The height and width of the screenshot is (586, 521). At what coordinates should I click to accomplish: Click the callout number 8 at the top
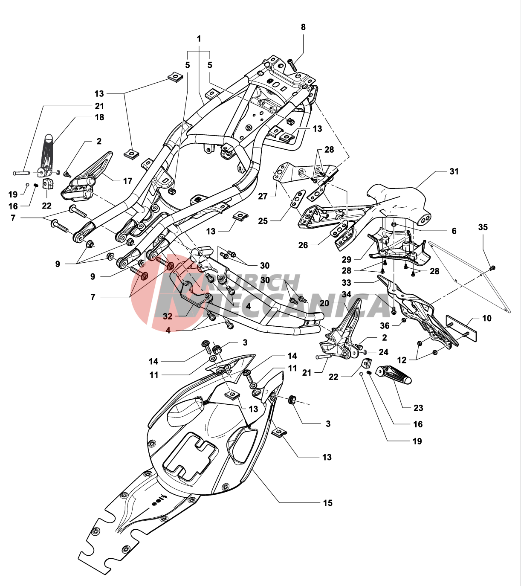coord(303,27)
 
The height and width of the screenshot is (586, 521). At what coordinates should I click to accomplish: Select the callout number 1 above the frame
coord(199,39)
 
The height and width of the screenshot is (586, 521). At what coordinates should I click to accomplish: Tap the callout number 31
coord(454,171)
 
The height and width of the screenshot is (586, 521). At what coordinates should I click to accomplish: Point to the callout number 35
coord(483,227)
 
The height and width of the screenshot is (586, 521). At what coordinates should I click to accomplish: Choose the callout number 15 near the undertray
coord(327,503)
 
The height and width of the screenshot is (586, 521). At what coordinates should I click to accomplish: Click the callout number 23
coord(418,408)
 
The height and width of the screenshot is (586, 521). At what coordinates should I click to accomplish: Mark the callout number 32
coord(168,316)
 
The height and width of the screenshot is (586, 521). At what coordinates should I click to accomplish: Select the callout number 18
coord(99,117)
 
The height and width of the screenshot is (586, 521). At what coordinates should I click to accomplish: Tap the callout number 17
coord(127,181)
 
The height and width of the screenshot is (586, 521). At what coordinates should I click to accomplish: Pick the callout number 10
coord(486,319)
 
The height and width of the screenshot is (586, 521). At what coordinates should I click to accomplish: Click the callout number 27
coord(263,196)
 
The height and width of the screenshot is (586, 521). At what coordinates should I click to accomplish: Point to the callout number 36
coord(385,326)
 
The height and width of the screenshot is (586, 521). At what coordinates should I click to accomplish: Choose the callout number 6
coord(454,231)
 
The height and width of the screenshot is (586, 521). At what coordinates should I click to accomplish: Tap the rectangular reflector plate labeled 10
coord(461,328)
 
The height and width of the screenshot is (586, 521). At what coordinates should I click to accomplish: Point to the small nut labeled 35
coord(493,268)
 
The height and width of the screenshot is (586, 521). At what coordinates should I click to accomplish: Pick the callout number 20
coord(324,303)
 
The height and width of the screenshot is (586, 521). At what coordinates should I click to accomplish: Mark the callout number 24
coord(384,352)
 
